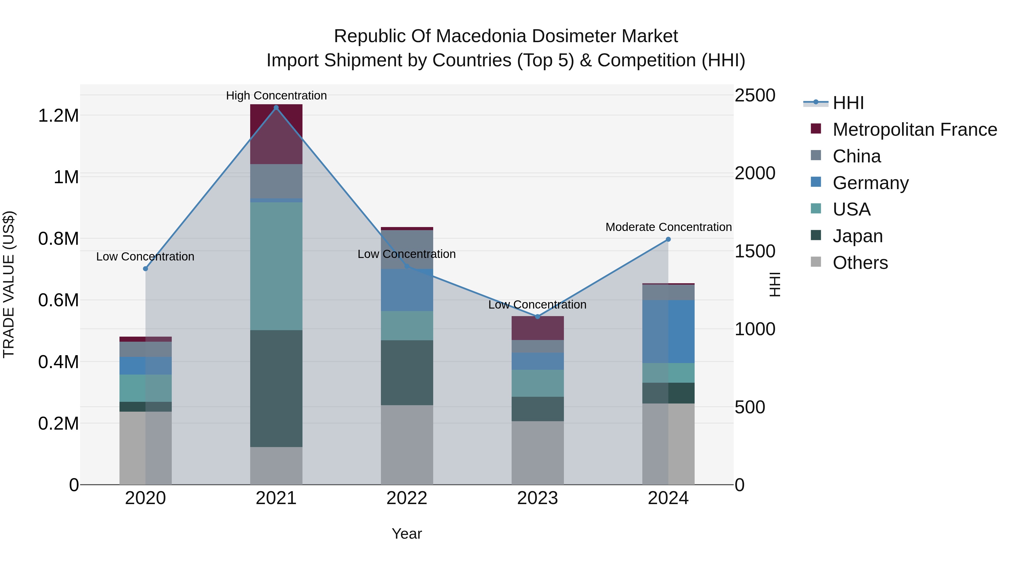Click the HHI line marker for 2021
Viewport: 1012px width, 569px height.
click(x=276, y=108)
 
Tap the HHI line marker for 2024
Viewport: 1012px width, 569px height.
click(x=668, y=239)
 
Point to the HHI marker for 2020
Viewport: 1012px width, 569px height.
click(x=145, y=269)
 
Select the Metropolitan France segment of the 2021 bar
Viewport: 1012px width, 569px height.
click(x=276, y=133)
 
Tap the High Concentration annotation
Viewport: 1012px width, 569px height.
click(x=276, y=96)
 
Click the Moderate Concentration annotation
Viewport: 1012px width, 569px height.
click(x=668, y=227)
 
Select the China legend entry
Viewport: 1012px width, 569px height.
click(x=857, y=156)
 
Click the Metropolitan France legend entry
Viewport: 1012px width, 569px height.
click(x=914, y=130)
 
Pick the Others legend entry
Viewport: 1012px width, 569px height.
click(x=860, y=263)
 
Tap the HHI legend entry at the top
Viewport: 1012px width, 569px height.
click(x=848, y=103)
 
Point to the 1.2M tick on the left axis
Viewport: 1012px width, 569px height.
click(x=58, y=116)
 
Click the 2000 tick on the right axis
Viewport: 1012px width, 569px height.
click(x=755, y=173)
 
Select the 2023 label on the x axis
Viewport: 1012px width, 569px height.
click(x=537, y=498)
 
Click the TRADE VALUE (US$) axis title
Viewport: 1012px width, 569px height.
click(x=9, y=284)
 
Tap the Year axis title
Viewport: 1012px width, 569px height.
click(x=406, y=534)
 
